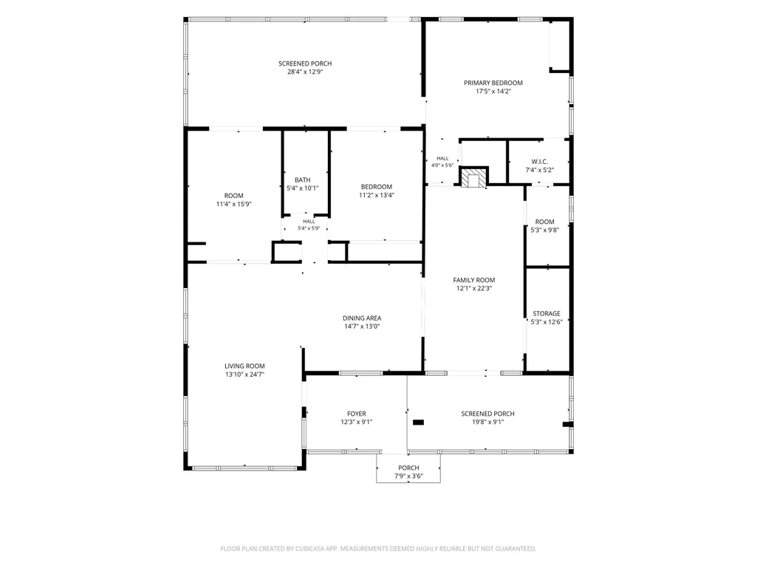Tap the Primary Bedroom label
click(493, 83)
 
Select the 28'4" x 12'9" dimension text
click(305, 72)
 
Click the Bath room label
click(303, 180)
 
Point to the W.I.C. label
click(540, 162)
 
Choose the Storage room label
click(547, 313)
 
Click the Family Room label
click(474, 280)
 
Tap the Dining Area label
click(362, 318)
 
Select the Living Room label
click(244, 366)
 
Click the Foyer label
click(357, 414)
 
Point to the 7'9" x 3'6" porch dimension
click(408, 476)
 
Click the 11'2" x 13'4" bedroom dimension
click(377, 196)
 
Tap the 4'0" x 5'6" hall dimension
click(442, 165)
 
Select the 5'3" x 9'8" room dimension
click(544, 230)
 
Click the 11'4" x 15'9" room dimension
click(233, 205)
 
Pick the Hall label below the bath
click(309, 222)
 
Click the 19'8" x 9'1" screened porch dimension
click(487, 422)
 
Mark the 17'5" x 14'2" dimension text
click(493, 92)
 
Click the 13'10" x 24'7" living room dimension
click(244, 374)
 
